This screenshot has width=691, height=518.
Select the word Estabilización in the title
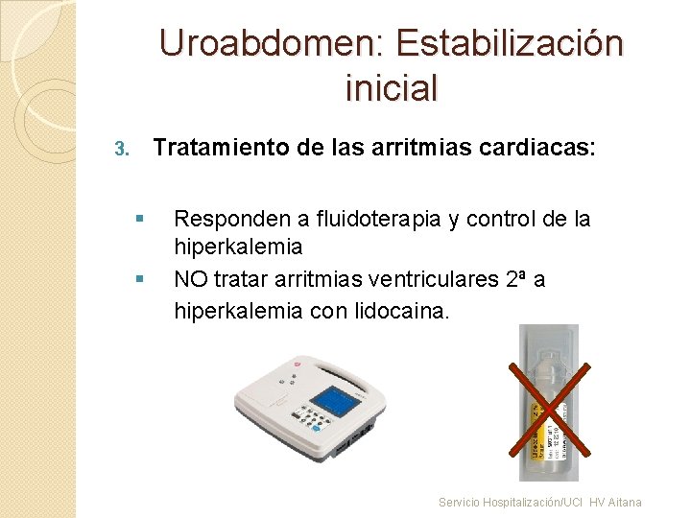coord(508,44)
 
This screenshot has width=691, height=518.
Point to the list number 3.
coord(120,150)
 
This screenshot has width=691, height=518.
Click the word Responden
coord(223,220)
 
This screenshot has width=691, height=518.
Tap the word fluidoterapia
coord(369,220)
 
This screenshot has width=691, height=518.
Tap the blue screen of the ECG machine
coord(334,400)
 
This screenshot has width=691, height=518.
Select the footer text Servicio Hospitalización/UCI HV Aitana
coord(539,502)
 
